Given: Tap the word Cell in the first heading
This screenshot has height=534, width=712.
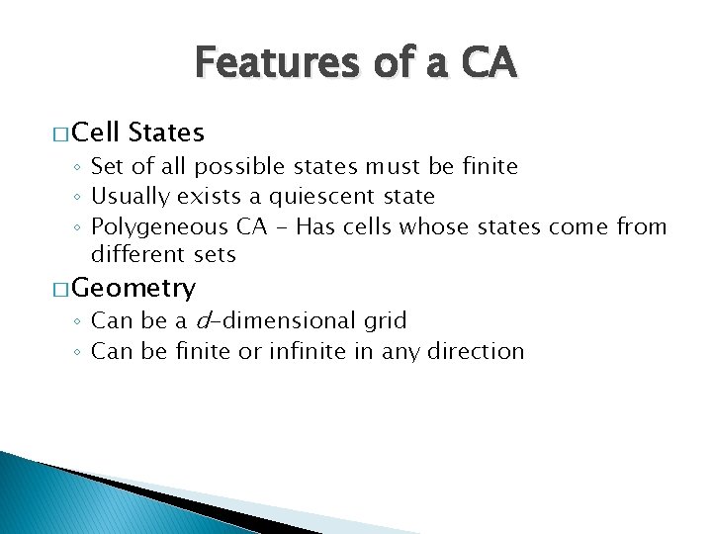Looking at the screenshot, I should coord(97,132).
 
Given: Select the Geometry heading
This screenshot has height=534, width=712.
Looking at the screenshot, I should coord(133,288).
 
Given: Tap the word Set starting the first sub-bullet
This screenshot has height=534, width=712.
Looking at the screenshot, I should coord(107,167).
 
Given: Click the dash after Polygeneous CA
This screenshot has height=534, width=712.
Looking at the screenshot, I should coord(278,227).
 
